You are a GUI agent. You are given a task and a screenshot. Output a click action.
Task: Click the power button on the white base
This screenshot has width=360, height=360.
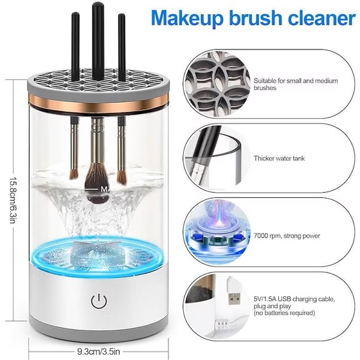coord(99,301)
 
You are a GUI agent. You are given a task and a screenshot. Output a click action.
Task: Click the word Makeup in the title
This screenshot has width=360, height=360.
coord(187,19)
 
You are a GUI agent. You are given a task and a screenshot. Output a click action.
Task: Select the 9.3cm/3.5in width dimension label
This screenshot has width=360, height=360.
coord(98,351)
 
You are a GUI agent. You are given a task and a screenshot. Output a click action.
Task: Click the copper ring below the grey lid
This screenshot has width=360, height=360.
coord(99,103)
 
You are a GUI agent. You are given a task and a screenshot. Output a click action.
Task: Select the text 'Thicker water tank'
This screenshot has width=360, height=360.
coord(279,158)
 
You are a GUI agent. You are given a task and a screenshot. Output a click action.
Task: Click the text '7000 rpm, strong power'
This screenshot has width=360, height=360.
coord(287,236)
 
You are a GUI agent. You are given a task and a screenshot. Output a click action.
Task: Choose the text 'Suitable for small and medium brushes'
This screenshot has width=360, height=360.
coord(296,84)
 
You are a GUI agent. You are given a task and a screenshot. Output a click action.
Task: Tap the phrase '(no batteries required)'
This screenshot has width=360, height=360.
coord(284,312)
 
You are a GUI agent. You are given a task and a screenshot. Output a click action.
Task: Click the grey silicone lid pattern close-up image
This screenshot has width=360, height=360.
coord(218,84)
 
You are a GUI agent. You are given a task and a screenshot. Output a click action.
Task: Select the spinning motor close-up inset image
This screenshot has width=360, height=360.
coord(218,232)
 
